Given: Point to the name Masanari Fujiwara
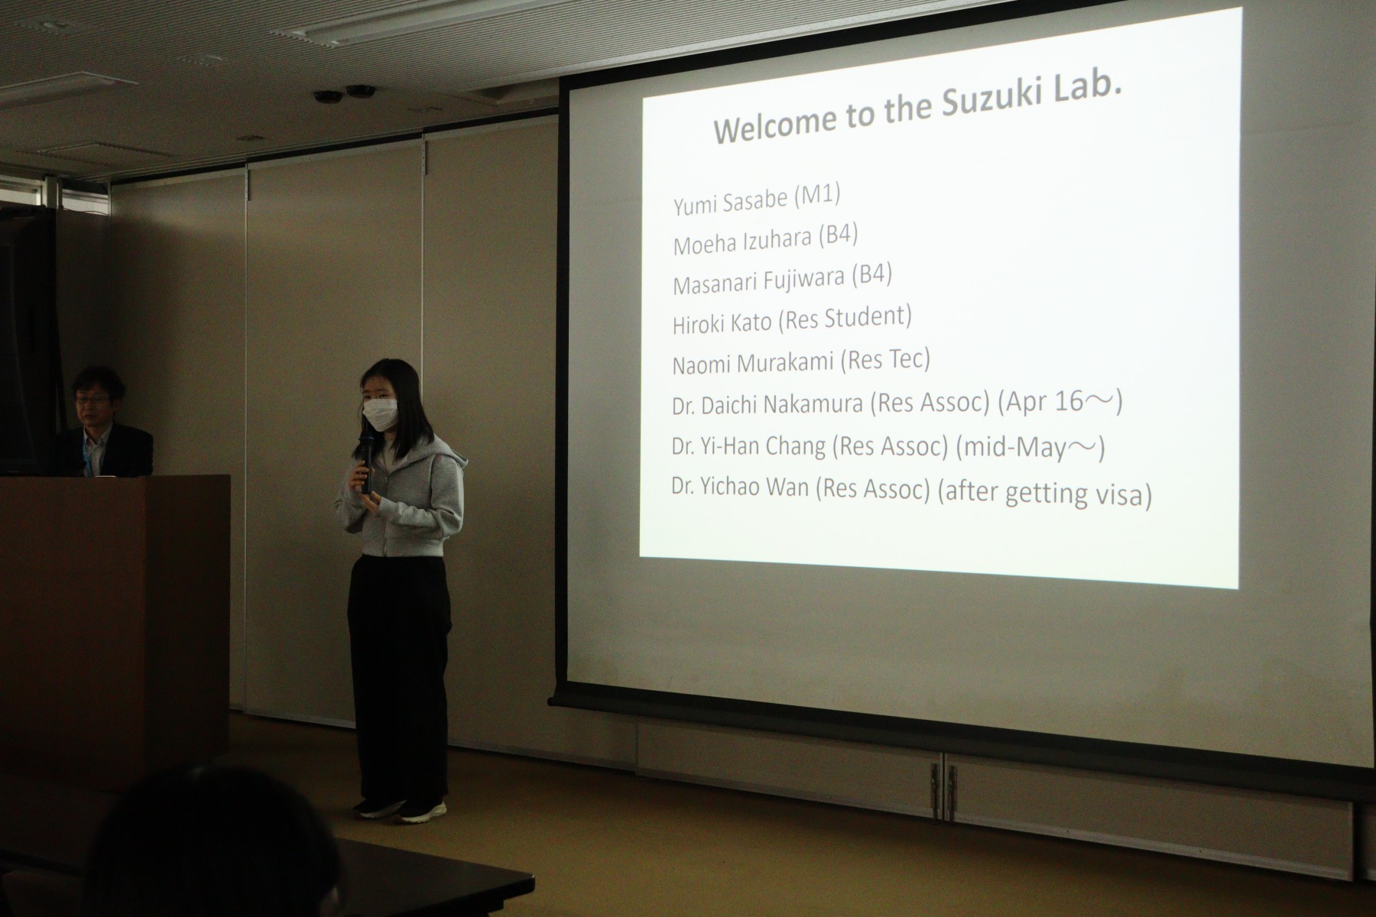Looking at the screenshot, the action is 759,282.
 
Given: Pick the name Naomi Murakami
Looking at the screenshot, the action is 752,363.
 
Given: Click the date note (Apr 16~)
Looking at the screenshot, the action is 1060,403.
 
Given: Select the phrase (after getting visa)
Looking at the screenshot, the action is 1044,493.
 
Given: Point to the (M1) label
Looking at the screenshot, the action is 817,196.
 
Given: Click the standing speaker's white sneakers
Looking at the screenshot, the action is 402,809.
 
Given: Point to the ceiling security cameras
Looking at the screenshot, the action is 345,94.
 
